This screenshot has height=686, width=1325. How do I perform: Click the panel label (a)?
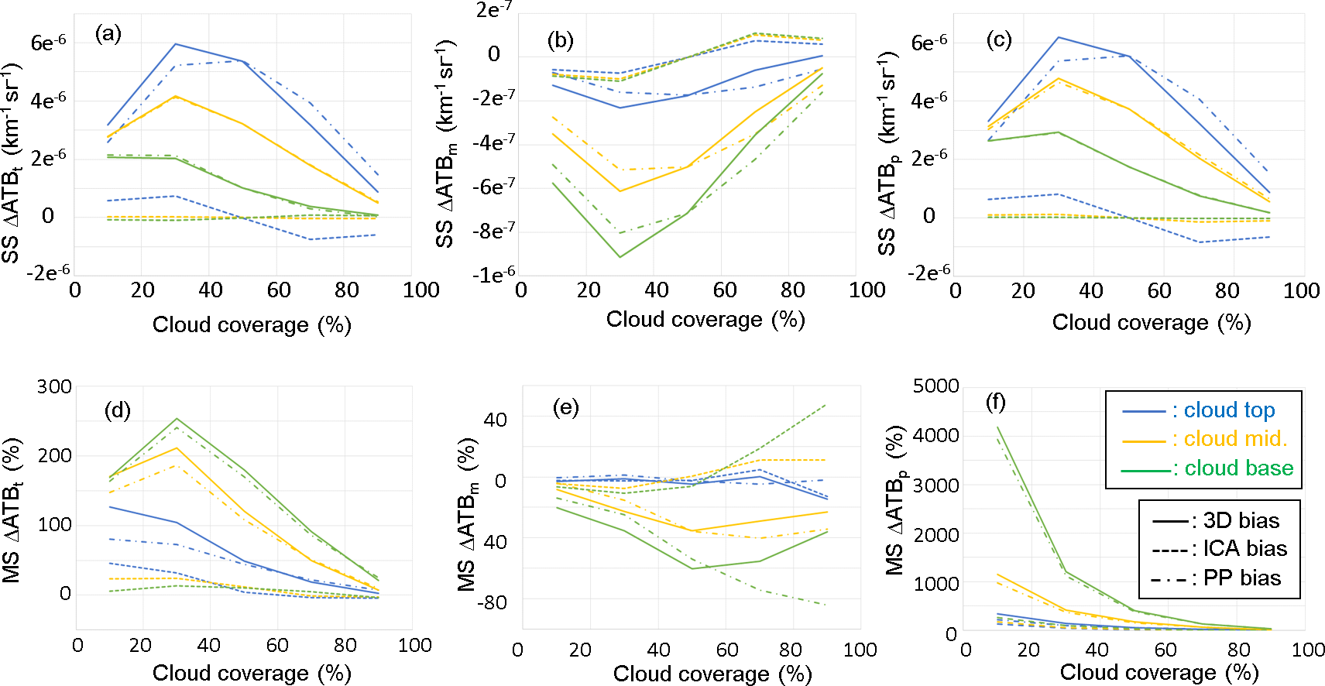click(x=108, y=33)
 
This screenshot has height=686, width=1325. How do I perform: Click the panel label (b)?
click(x=560, y=40)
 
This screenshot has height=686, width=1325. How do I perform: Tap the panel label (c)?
click(x=998, y=39)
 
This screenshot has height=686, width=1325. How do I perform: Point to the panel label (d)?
click(x=118, y=410)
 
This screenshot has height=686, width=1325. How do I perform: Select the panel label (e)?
click(x=565, y=407)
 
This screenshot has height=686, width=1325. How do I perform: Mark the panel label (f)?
click(x=996, y=402)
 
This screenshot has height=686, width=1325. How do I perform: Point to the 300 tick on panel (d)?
click(x=54, y=386)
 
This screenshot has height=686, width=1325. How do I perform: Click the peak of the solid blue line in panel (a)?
click(x=176, y=44)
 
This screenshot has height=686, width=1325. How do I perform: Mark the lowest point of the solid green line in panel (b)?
click(x=620, y=257)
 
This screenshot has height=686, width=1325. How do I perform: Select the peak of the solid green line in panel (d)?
click(x=177, y=419)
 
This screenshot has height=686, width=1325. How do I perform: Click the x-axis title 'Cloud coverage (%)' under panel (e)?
click(x=712, y=674)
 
